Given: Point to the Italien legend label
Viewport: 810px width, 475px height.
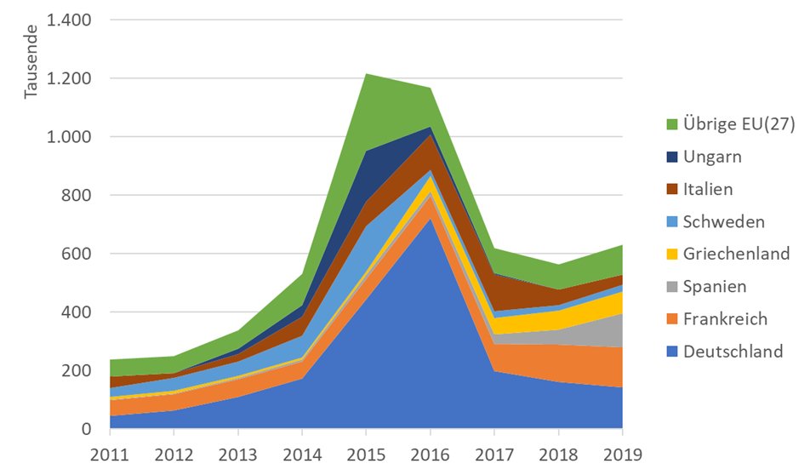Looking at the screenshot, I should coord(709,189).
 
